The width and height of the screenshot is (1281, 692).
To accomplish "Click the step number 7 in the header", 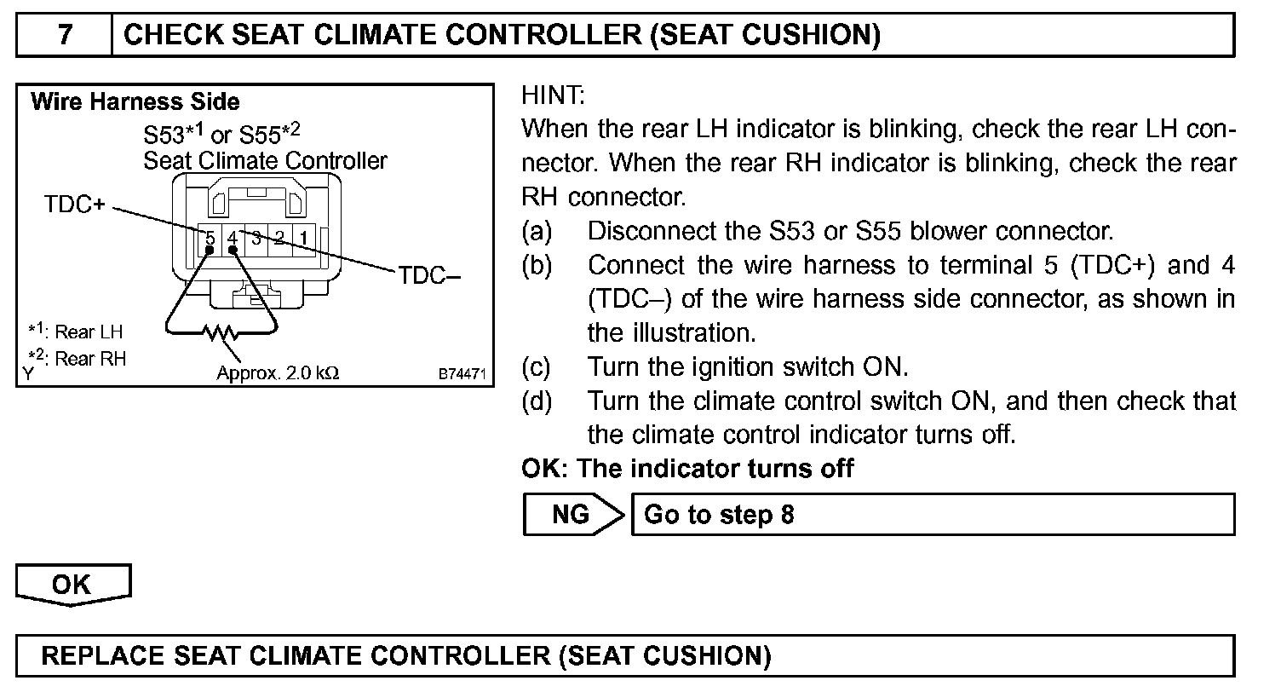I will coord(65,35).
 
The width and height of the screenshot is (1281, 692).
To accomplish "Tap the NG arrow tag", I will coord(573,515).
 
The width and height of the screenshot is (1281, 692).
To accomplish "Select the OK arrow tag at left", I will coord(72,585).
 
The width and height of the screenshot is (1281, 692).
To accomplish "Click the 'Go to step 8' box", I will coord(933,515).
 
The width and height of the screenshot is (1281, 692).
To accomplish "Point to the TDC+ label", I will coord(73,205).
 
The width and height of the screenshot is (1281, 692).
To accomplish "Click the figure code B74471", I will coord(462,373).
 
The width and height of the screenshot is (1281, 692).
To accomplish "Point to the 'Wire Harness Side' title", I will coord(135,103).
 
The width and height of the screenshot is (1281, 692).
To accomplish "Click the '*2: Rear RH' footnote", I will coord(76,358).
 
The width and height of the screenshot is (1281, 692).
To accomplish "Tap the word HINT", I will coord(553,95).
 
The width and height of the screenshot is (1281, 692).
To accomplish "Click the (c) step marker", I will coord(537,367).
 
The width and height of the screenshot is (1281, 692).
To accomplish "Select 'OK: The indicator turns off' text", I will coord(687,468).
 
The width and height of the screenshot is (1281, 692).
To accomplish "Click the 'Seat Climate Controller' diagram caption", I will coord(265,160).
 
